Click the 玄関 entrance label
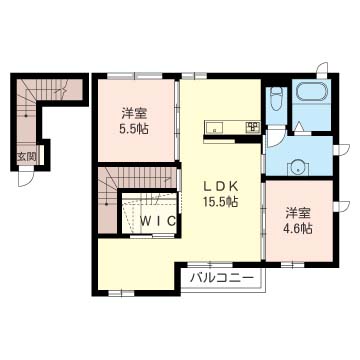(26, 157)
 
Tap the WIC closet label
(158, 221)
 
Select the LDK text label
(220, 187)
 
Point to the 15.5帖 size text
(220, 201)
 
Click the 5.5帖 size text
(134, 129)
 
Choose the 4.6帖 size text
(298, 228)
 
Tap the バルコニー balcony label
(221, 278)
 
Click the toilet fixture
(276, 99)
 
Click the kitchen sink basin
(214, 127)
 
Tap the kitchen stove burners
(252, 127)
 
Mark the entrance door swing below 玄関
(26, 177)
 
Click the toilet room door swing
(275, 139)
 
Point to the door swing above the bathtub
(322, 70)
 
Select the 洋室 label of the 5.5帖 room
(134, 114)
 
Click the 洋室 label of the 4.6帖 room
(298, 214)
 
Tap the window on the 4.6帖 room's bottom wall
(292, 265)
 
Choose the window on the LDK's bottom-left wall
(121, 293)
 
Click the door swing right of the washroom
(341, 149)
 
